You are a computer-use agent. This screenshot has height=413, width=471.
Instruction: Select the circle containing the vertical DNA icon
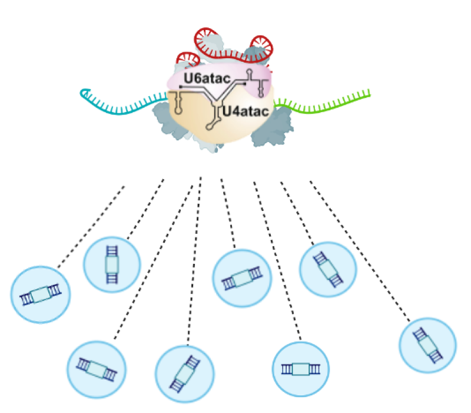(x=111, y=263)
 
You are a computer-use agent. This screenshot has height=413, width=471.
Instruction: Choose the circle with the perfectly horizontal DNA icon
(x=300, y=369)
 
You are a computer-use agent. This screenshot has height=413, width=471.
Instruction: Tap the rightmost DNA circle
(x=427, y=345)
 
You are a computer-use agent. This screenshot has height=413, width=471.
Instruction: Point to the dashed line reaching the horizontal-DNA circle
(x=277, y=259)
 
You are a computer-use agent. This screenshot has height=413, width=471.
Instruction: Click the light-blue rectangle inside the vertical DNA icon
(x=111, y=264)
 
